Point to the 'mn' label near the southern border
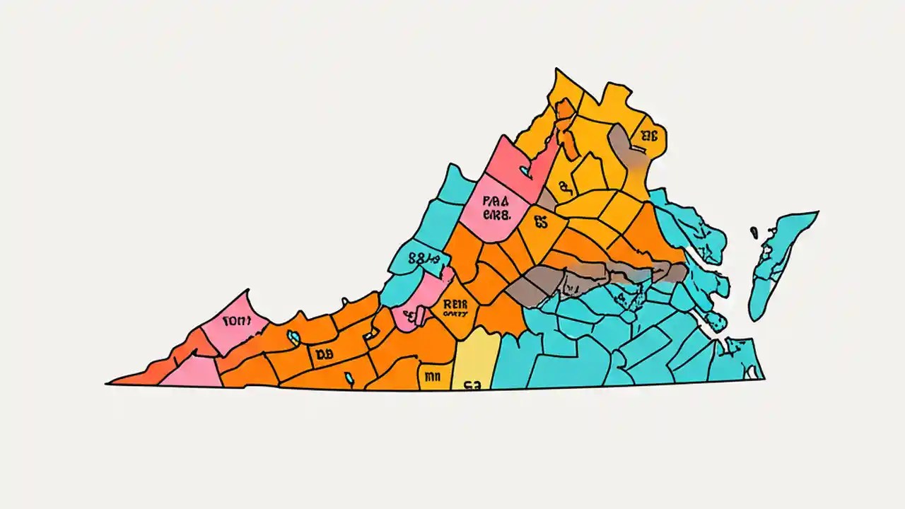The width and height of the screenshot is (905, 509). point(431,377)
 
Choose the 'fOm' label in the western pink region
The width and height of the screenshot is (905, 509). point(236,320)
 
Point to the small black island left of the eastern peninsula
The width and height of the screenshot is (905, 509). point(754,231)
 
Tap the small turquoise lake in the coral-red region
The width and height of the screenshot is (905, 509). point(524,170)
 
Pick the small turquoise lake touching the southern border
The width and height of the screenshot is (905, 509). point(349,380)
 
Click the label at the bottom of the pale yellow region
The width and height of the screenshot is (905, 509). point(472,385)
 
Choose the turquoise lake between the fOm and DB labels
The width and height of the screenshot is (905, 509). point(293,338)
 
